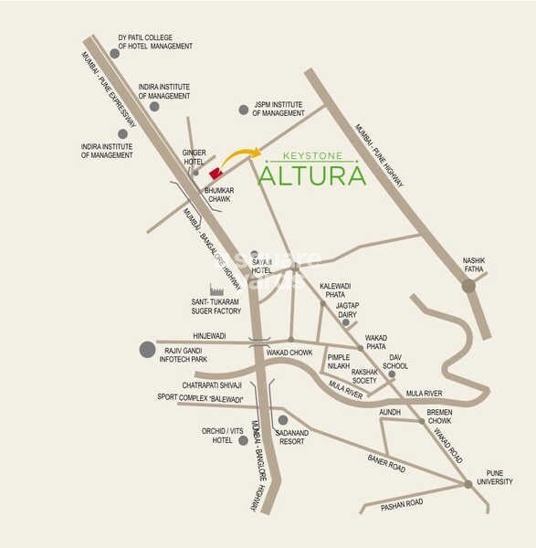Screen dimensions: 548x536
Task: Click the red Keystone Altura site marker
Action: pos(215,173)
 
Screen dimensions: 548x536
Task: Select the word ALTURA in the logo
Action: pos(312,174)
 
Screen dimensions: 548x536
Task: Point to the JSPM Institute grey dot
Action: pos(244,110)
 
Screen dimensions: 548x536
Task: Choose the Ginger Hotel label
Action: pos(194,157)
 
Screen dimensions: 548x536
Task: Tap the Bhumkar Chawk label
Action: pos(220,195)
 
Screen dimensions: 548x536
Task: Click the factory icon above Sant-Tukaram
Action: pos(215,290)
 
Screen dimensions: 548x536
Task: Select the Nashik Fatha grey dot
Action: pos(468,286)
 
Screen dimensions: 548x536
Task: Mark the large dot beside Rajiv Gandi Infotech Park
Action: pos(147,349)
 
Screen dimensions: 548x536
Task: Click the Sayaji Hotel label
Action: pos(262,266)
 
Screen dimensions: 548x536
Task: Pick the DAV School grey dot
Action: pos(392,374)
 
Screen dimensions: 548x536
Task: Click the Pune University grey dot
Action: pos(468,484)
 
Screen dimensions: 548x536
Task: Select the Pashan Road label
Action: pos(403,502)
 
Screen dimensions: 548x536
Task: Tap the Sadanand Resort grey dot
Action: pos(283,420)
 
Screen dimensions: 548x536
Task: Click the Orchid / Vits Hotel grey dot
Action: pos(243,439)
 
